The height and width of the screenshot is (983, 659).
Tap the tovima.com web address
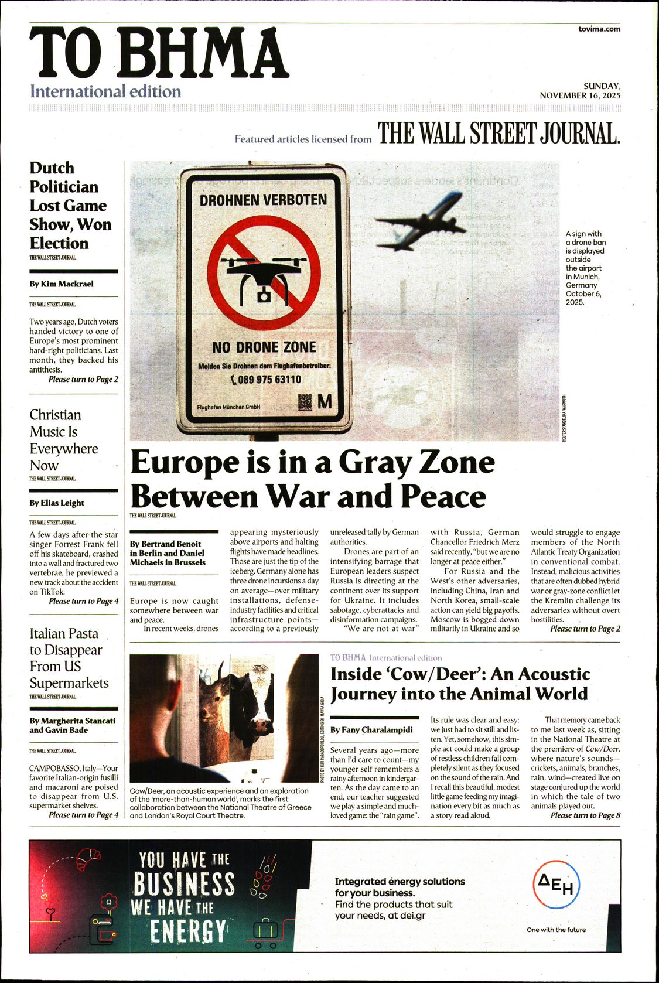click(x=599, y=29)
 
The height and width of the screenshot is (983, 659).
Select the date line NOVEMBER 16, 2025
click(x=580, y=95)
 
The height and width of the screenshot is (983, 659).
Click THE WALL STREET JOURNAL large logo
click(x=498, y=134)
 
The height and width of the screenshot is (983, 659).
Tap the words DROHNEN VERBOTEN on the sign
click(x=263, y=200)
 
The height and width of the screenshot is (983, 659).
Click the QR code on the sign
click(x=305, y=401)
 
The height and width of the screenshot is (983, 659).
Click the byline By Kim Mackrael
click(x=62, y=284)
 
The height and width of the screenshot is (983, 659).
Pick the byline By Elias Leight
click(x=57, y=503)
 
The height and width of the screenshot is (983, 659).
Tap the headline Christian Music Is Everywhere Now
click(x=63, y=440)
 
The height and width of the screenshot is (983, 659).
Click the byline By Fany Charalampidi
click(x=371, y=730)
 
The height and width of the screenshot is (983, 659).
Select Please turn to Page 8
click(x=585, y=815)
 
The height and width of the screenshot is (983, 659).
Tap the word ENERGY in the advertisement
click(x=187, y=931)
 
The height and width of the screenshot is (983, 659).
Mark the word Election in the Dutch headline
click(x=59, y=243)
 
